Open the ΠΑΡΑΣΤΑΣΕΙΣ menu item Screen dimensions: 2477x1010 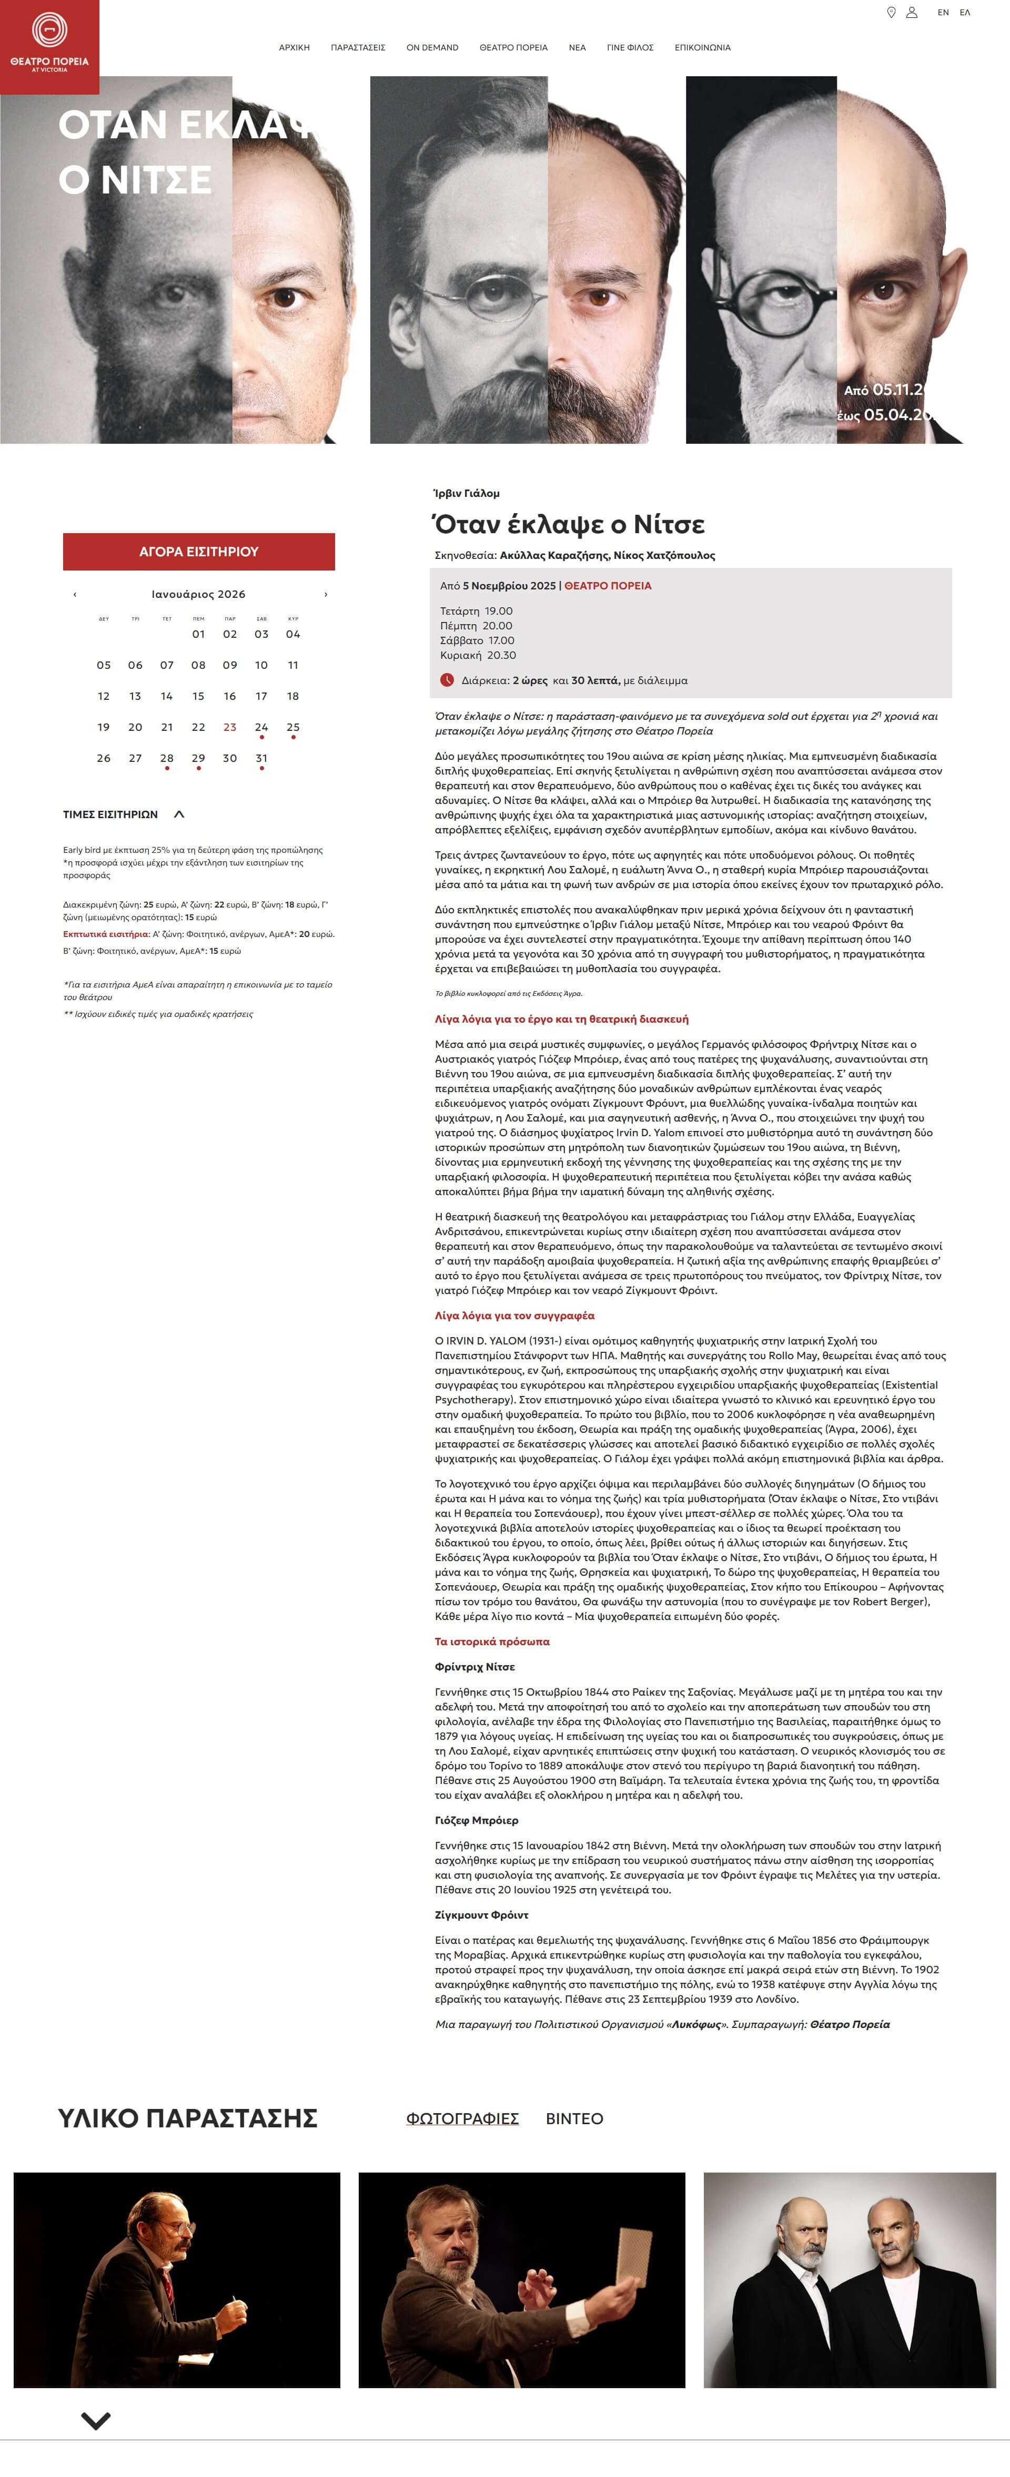point(358,47)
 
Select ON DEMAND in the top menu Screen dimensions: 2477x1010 point(432,47)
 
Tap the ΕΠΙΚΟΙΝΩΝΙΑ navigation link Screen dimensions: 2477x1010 point(702,47)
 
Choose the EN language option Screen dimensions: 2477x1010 point(943,13)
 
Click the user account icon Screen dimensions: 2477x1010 point(912,13)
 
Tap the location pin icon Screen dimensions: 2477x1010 point(891,13)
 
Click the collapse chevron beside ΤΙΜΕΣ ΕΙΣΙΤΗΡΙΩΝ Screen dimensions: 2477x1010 point(179,814)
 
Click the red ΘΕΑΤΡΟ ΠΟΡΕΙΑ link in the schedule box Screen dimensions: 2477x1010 point(608,586)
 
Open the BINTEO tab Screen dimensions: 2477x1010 point(574,2118)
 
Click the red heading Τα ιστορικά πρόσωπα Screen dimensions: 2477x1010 point(492,1642)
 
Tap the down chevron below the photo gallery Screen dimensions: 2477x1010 point(96,2420)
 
